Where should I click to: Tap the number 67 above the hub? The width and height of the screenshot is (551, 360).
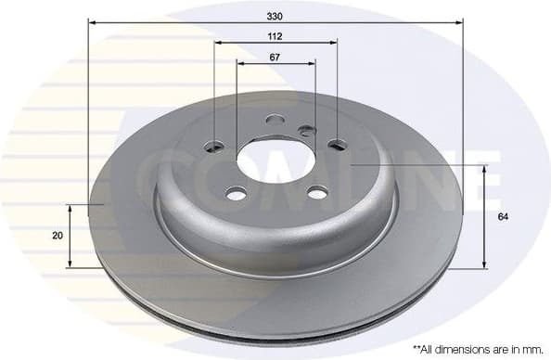click(275, 57)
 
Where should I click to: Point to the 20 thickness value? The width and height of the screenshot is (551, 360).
click(58, 236)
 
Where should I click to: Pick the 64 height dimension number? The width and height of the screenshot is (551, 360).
click(503, 216)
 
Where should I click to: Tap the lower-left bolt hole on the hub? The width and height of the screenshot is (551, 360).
click(237, 192)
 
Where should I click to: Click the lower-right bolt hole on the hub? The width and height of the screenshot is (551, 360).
click(317, 192)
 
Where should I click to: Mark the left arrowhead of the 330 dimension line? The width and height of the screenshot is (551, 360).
click(93, 20)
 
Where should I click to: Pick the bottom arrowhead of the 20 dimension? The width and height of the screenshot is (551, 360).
click(70, 263)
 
